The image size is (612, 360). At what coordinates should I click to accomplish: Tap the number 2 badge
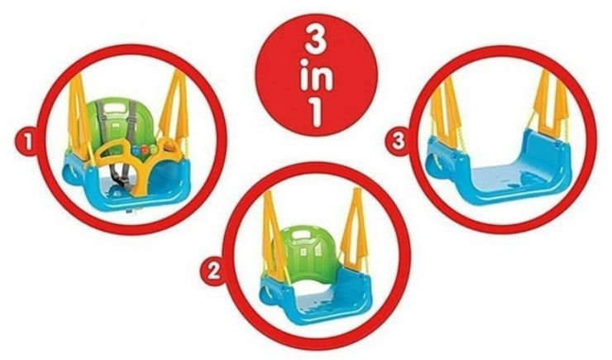pyautogui.click(x=213, y=271)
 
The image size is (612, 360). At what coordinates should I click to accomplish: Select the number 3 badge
pyautogui.click(x=398, y=141)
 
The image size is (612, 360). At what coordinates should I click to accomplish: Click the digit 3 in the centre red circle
pyautogui.click(x=317, y=40)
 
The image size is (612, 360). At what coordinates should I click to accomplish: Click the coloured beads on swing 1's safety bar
pyautogui.click(x=145, y=150)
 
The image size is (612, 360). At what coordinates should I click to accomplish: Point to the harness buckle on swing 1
pyautogui.click(x=124, y=182)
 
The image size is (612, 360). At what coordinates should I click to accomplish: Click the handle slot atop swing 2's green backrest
pyautogui.click(x=302, y=235)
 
